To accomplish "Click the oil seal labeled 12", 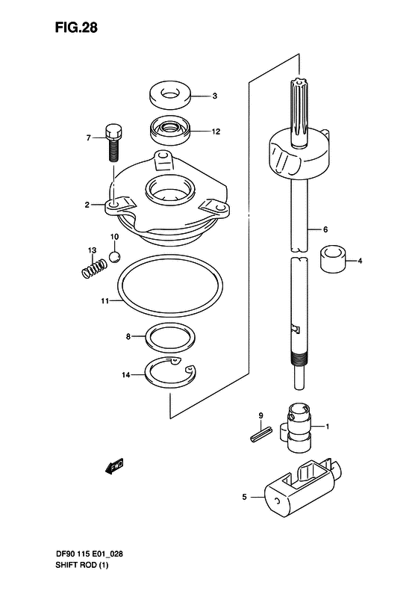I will coord(171,132).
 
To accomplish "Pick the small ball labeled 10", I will coord(114,257).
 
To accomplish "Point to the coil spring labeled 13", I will coord(91,267).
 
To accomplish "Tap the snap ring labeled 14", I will coord(171,373).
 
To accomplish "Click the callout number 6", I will coord(326,229).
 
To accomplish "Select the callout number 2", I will coord(87,204).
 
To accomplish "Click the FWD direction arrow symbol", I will coord(113,468).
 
